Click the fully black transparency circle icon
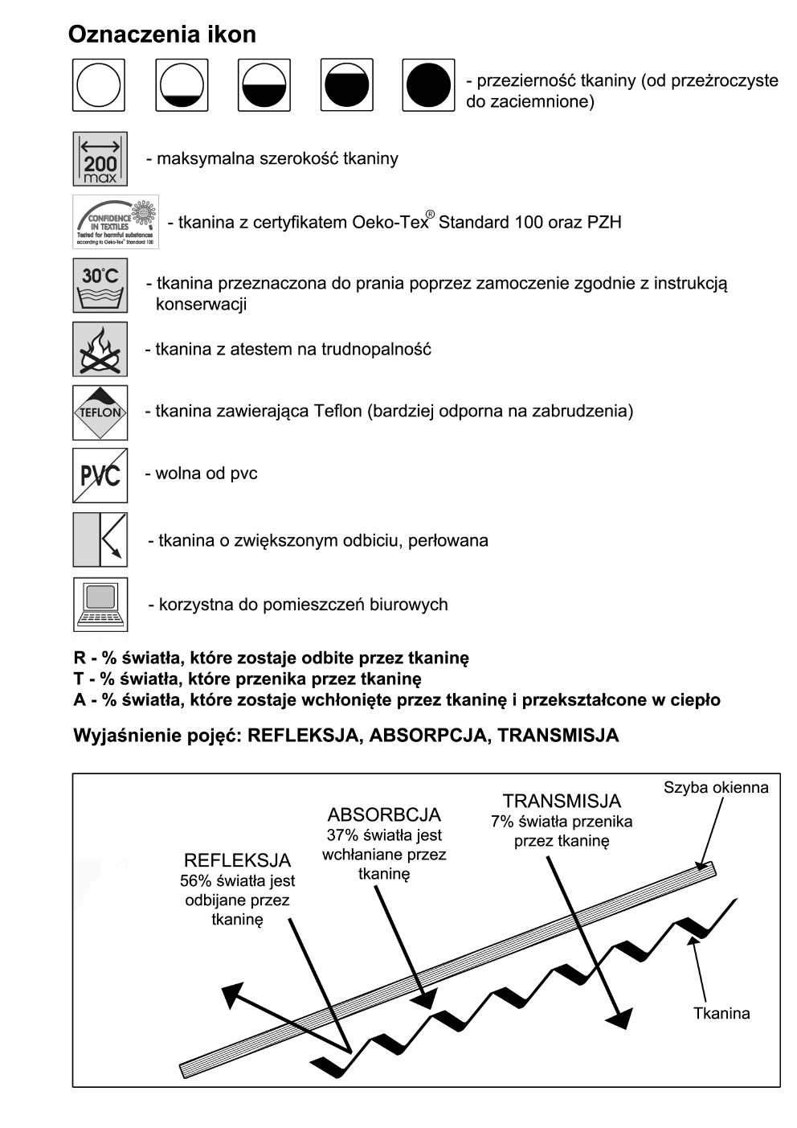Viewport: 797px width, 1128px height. coord(428,85)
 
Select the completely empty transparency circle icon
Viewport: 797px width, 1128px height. coord(99,85)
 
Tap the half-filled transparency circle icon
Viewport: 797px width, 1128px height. coord(264,85)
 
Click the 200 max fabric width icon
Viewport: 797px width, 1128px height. coord(100,159)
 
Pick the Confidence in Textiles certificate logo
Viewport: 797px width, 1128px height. coord(116,222)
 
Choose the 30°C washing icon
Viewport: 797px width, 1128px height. coord(100,285)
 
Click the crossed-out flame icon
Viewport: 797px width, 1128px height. coord(100,349)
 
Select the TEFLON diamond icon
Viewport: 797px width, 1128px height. coord(100,412)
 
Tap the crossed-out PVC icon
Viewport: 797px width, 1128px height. coord(100,475)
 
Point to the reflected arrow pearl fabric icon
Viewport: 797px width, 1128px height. coord(100,539)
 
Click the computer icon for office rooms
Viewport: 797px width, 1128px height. coord(100,604)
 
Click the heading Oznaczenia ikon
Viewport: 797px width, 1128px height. coord(161,35)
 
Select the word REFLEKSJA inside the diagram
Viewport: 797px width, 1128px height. coord(237,860)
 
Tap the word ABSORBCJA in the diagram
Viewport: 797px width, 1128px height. coord(384,814)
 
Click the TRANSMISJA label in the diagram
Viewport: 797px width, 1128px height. coord(562,801)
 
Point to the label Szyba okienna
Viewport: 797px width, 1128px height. coord(715,788)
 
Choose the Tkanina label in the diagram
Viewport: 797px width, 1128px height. coord(721,1013)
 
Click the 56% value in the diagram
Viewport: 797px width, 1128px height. coord(194,881)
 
